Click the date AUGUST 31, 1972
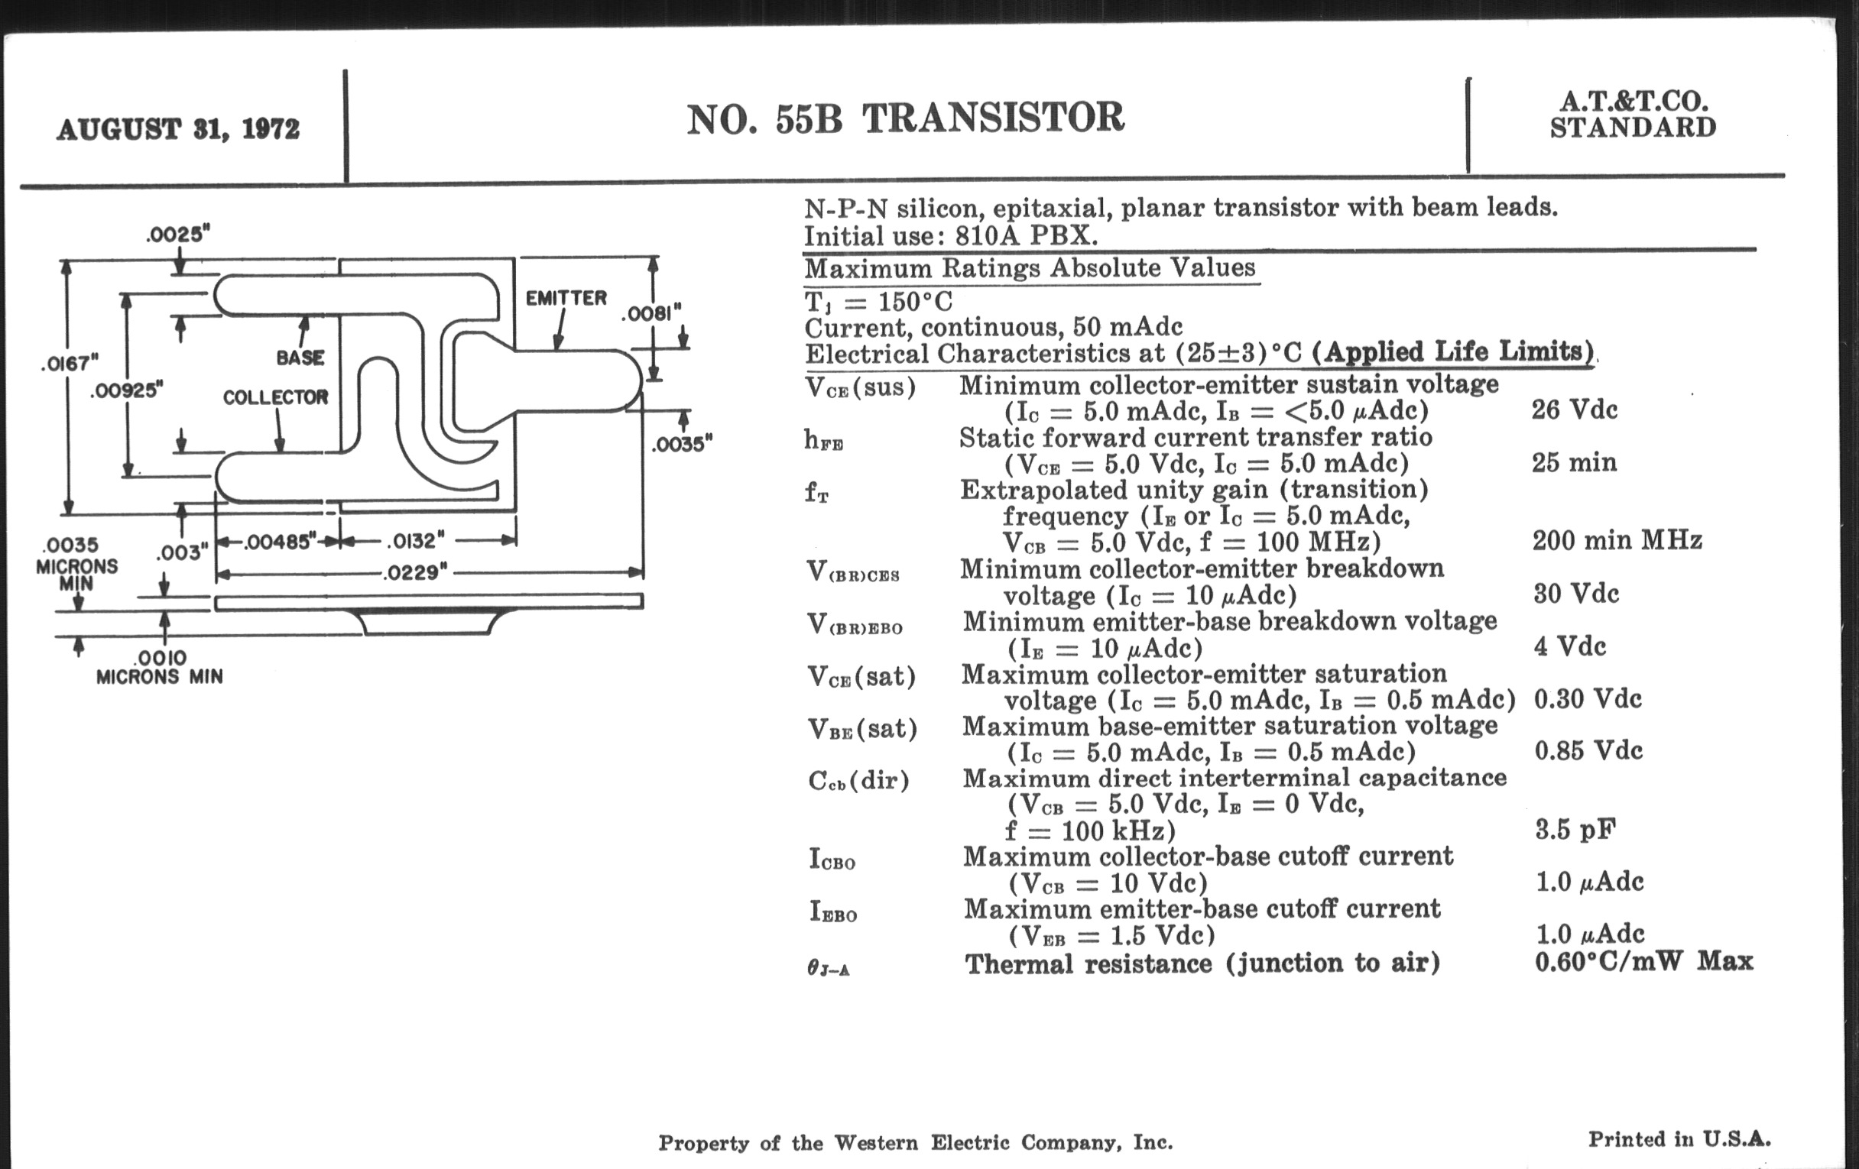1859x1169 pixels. click(177, 129)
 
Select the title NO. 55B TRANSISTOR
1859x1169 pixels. click(905, 119)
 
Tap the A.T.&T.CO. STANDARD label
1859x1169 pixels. click(1633, 115)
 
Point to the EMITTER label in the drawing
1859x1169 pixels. click(566, 298)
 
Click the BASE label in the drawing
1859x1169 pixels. click(300, 358)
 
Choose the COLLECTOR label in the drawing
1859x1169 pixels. click(276, 397)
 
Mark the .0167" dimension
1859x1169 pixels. click(70, 363)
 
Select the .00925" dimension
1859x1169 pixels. click(128, 390)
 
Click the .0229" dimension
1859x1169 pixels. click(415, 572)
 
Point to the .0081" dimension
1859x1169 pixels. click(652, 313)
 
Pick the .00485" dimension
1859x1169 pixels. click(281, 542)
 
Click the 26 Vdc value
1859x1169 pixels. click(1574, 409)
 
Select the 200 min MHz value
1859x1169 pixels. click(1617, 540)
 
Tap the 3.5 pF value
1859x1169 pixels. click(1575, 830)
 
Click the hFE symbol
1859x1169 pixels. click(823, 441)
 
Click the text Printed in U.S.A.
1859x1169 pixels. click(1679, 1139)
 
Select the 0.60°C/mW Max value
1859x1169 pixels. click(1643, 961)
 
